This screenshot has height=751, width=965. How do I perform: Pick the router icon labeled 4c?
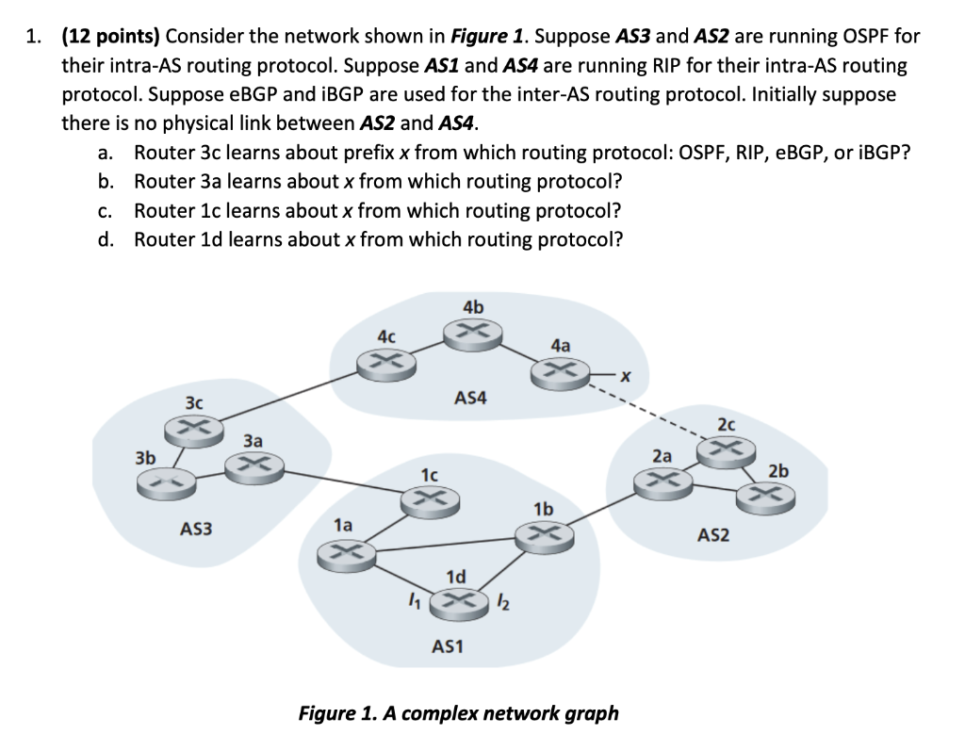click(385, 362)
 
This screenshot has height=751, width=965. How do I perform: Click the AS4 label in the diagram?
click(470, 399)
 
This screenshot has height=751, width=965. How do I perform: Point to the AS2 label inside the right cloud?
click(713, 535)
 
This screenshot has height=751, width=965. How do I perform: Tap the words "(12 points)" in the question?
click(112, 37)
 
